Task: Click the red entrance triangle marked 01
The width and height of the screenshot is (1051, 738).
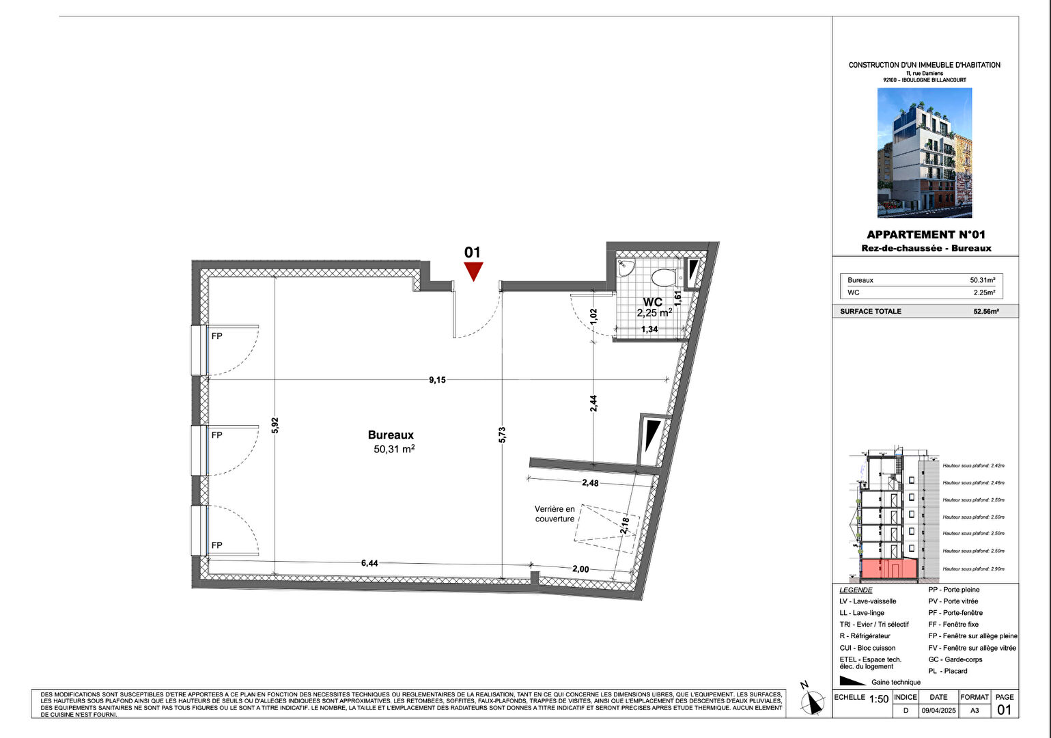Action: tap(473, 270)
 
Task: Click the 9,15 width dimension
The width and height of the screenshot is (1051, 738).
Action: tap(437, 380)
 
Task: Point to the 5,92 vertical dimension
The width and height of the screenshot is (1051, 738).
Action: tap(275, 425)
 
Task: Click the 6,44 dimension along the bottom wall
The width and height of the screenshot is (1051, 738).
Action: tap(369, 563)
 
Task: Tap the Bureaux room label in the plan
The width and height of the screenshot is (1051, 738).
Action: tap(391, 435)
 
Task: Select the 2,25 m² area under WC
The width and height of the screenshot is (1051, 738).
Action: tap(654, 313)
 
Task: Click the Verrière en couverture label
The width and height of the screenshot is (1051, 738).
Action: tap(555, 514)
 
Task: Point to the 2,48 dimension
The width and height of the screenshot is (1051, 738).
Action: tap(590, 483)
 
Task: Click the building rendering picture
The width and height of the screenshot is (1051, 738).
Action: tap(924, 152)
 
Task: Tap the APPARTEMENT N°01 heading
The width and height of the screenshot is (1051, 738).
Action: tap(925, 234)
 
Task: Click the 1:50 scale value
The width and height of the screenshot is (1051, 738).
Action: tap(879, 699)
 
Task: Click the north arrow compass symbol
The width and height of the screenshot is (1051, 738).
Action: tap(812, 701)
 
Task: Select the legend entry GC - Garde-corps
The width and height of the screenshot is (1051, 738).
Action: tap(955, 659)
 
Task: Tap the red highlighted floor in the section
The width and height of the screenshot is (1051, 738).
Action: tap(888, 569)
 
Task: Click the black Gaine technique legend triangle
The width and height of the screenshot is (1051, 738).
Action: tap(852, 681)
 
